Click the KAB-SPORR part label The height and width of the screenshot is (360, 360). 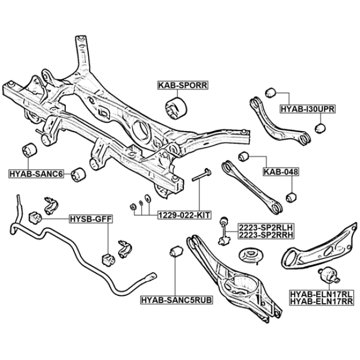point(183,85)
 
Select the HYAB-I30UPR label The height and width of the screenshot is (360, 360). point(308,109)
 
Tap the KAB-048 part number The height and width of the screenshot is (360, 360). point(281,172)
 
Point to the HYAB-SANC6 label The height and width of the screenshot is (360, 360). point(36,174)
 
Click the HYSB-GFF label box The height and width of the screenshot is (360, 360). point(91,219)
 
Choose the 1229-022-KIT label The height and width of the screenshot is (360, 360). point(184,215)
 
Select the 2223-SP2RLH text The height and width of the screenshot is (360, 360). point(266,227)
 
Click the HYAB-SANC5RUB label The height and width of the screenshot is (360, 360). point(177,300)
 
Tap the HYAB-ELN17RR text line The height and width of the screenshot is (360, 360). point(322,301)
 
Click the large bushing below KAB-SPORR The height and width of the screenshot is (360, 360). point(176,108)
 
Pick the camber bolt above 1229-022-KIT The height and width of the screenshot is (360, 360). point(201,175)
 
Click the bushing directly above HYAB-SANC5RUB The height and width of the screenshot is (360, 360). point(176,252)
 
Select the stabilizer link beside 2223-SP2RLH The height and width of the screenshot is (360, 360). point(224,231)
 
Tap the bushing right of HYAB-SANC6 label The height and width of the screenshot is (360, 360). point(78,175)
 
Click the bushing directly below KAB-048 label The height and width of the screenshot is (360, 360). point(291,197)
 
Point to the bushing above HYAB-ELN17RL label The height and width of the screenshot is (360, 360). point(328,275)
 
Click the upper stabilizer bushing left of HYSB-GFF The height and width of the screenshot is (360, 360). point(35,218)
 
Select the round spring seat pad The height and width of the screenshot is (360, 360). point(251,256)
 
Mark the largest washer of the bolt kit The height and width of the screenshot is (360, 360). point(147,199)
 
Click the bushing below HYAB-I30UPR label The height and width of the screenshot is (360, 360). point(320,128)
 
